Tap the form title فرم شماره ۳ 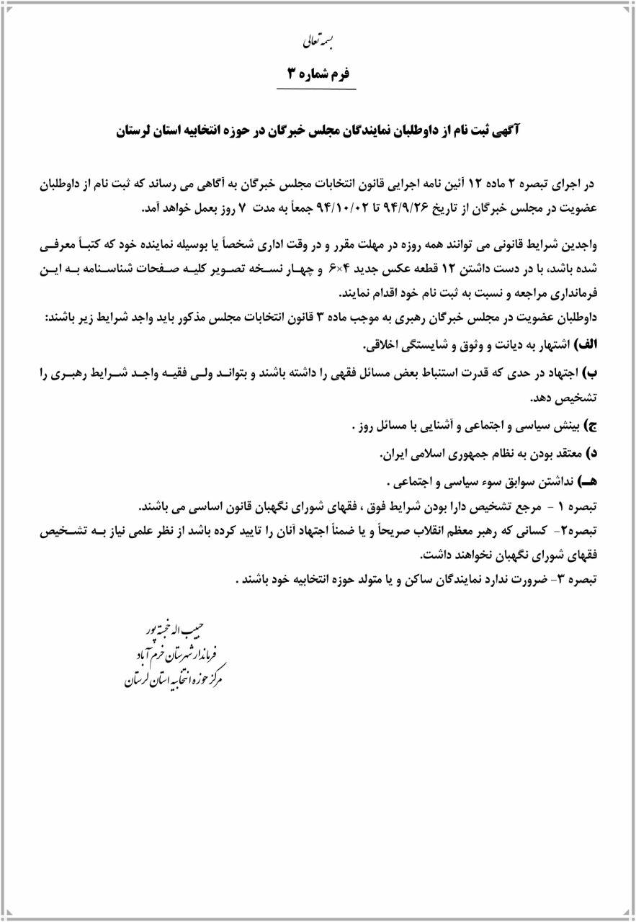[317, 73]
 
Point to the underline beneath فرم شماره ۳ [317, 89]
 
